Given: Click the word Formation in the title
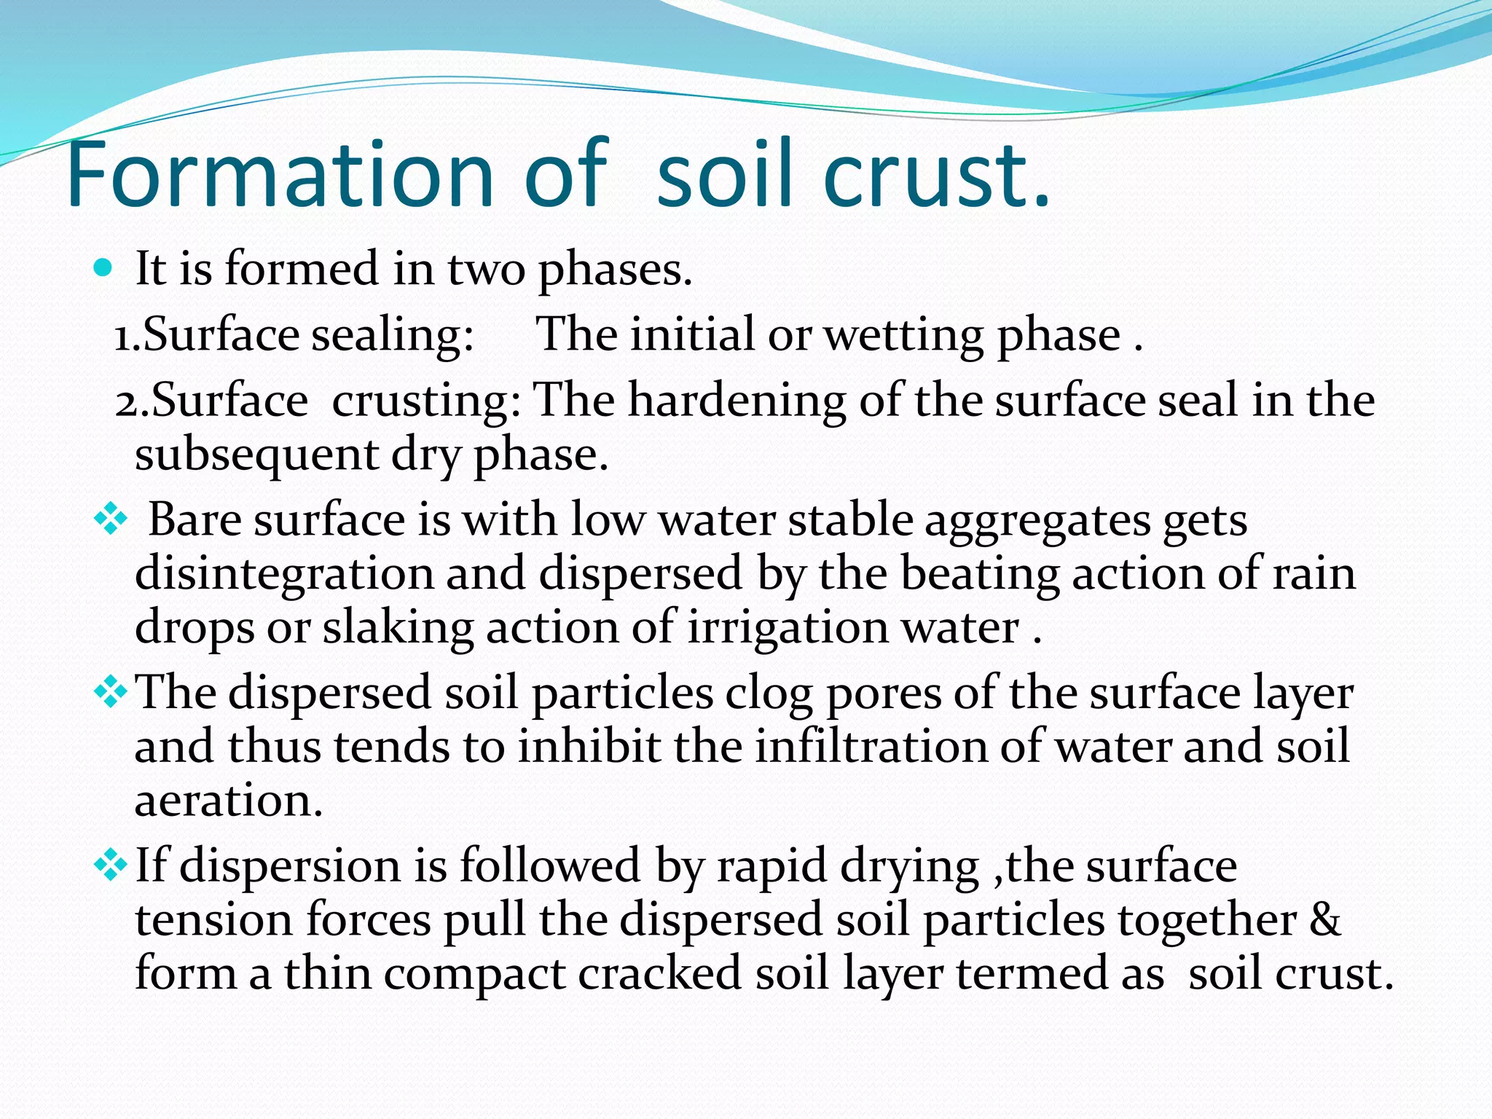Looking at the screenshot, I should coord(280,175).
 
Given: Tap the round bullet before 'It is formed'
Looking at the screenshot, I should coord(104,269).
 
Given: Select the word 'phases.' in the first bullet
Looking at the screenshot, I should coord(615,270).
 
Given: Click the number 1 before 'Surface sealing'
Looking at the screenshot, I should coord(124,336).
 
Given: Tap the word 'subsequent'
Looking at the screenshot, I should coord(256,456).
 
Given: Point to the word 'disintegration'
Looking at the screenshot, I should coord(284,573).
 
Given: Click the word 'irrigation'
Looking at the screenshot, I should coord(788,627).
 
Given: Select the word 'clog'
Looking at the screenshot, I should coord(768,694).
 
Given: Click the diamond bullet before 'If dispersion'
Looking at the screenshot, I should coord(110,865).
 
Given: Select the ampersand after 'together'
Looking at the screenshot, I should coord(1324,919).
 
